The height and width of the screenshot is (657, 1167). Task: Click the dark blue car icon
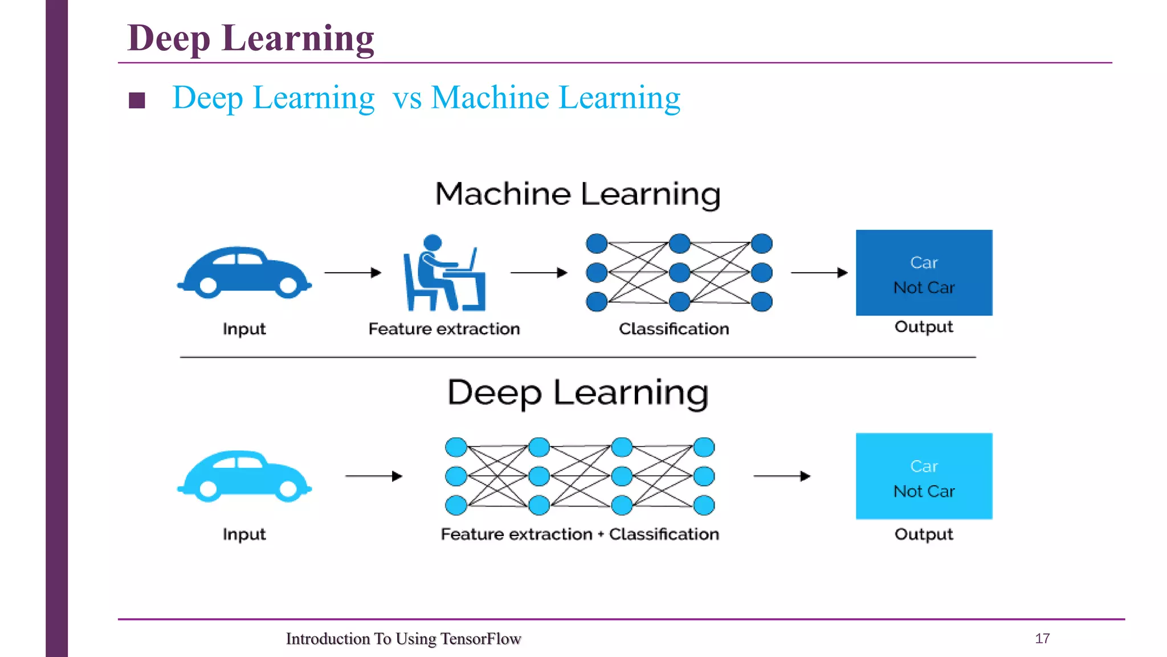point(244,273)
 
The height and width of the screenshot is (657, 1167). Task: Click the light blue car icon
point(244,477)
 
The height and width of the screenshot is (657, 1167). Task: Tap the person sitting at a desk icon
point(444,274)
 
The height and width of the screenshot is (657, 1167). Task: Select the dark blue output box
point(924,273)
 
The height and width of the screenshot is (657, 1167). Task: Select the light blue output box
point(924,476)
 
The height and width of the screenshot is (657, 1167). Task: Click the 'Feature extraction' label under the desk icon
point(444,329)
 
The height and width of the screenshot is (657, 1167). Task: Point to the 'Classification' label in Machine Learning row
point(674,329)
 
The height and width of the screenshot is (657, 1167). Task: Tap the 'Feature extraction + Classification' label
point(580,534)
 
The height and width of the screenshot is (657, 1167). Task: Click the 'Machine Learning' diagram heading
point(577,194)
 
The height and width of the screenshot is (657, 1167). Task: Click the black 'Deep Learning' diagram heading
point(577,393)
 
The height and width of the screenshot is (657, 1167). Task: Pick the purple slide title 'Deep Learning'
point(251,38)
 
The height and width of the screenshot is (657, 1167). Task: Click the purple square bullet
point(137,100)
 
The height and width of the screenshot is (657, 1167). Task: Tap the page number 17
point(1042,638)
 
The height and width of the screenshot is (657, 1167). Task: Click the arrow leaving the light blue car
point(374,476)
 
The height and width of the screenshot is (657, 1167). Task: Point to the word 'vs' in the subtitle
point(407,98)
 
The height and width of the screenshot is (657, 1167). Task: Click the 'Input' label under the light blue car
point(244,534)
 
